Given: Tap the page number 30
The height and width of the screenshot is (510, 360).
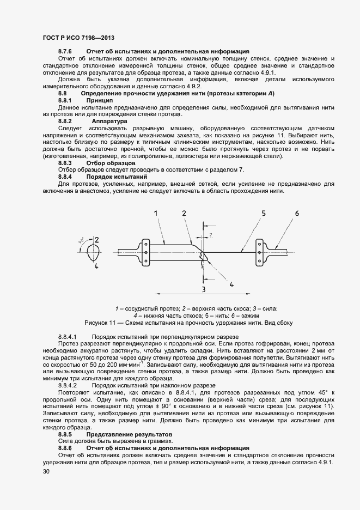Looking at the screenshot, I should coord(46,472).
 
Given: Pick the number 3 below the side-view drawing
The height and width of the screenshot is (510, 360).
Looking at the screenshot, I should coord(203,289).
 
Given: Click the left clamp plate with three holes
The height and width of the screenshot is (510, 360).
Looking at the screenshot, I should coord(146,253).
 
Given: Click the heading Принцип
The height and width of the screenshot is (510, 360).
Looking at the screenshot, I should coord(99,101).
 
